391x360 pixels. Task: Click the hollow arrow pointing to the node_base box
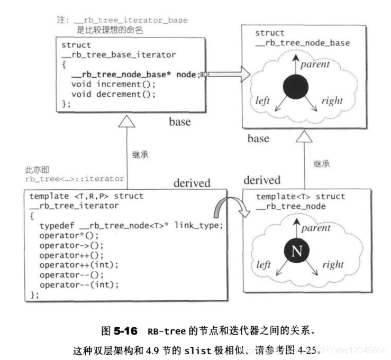[x=228, y=75]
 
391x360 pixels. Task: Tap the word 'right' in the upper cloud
[x=331, y=100]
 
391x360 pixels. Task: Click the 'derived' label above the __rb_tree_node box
[x=262, y=180]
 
